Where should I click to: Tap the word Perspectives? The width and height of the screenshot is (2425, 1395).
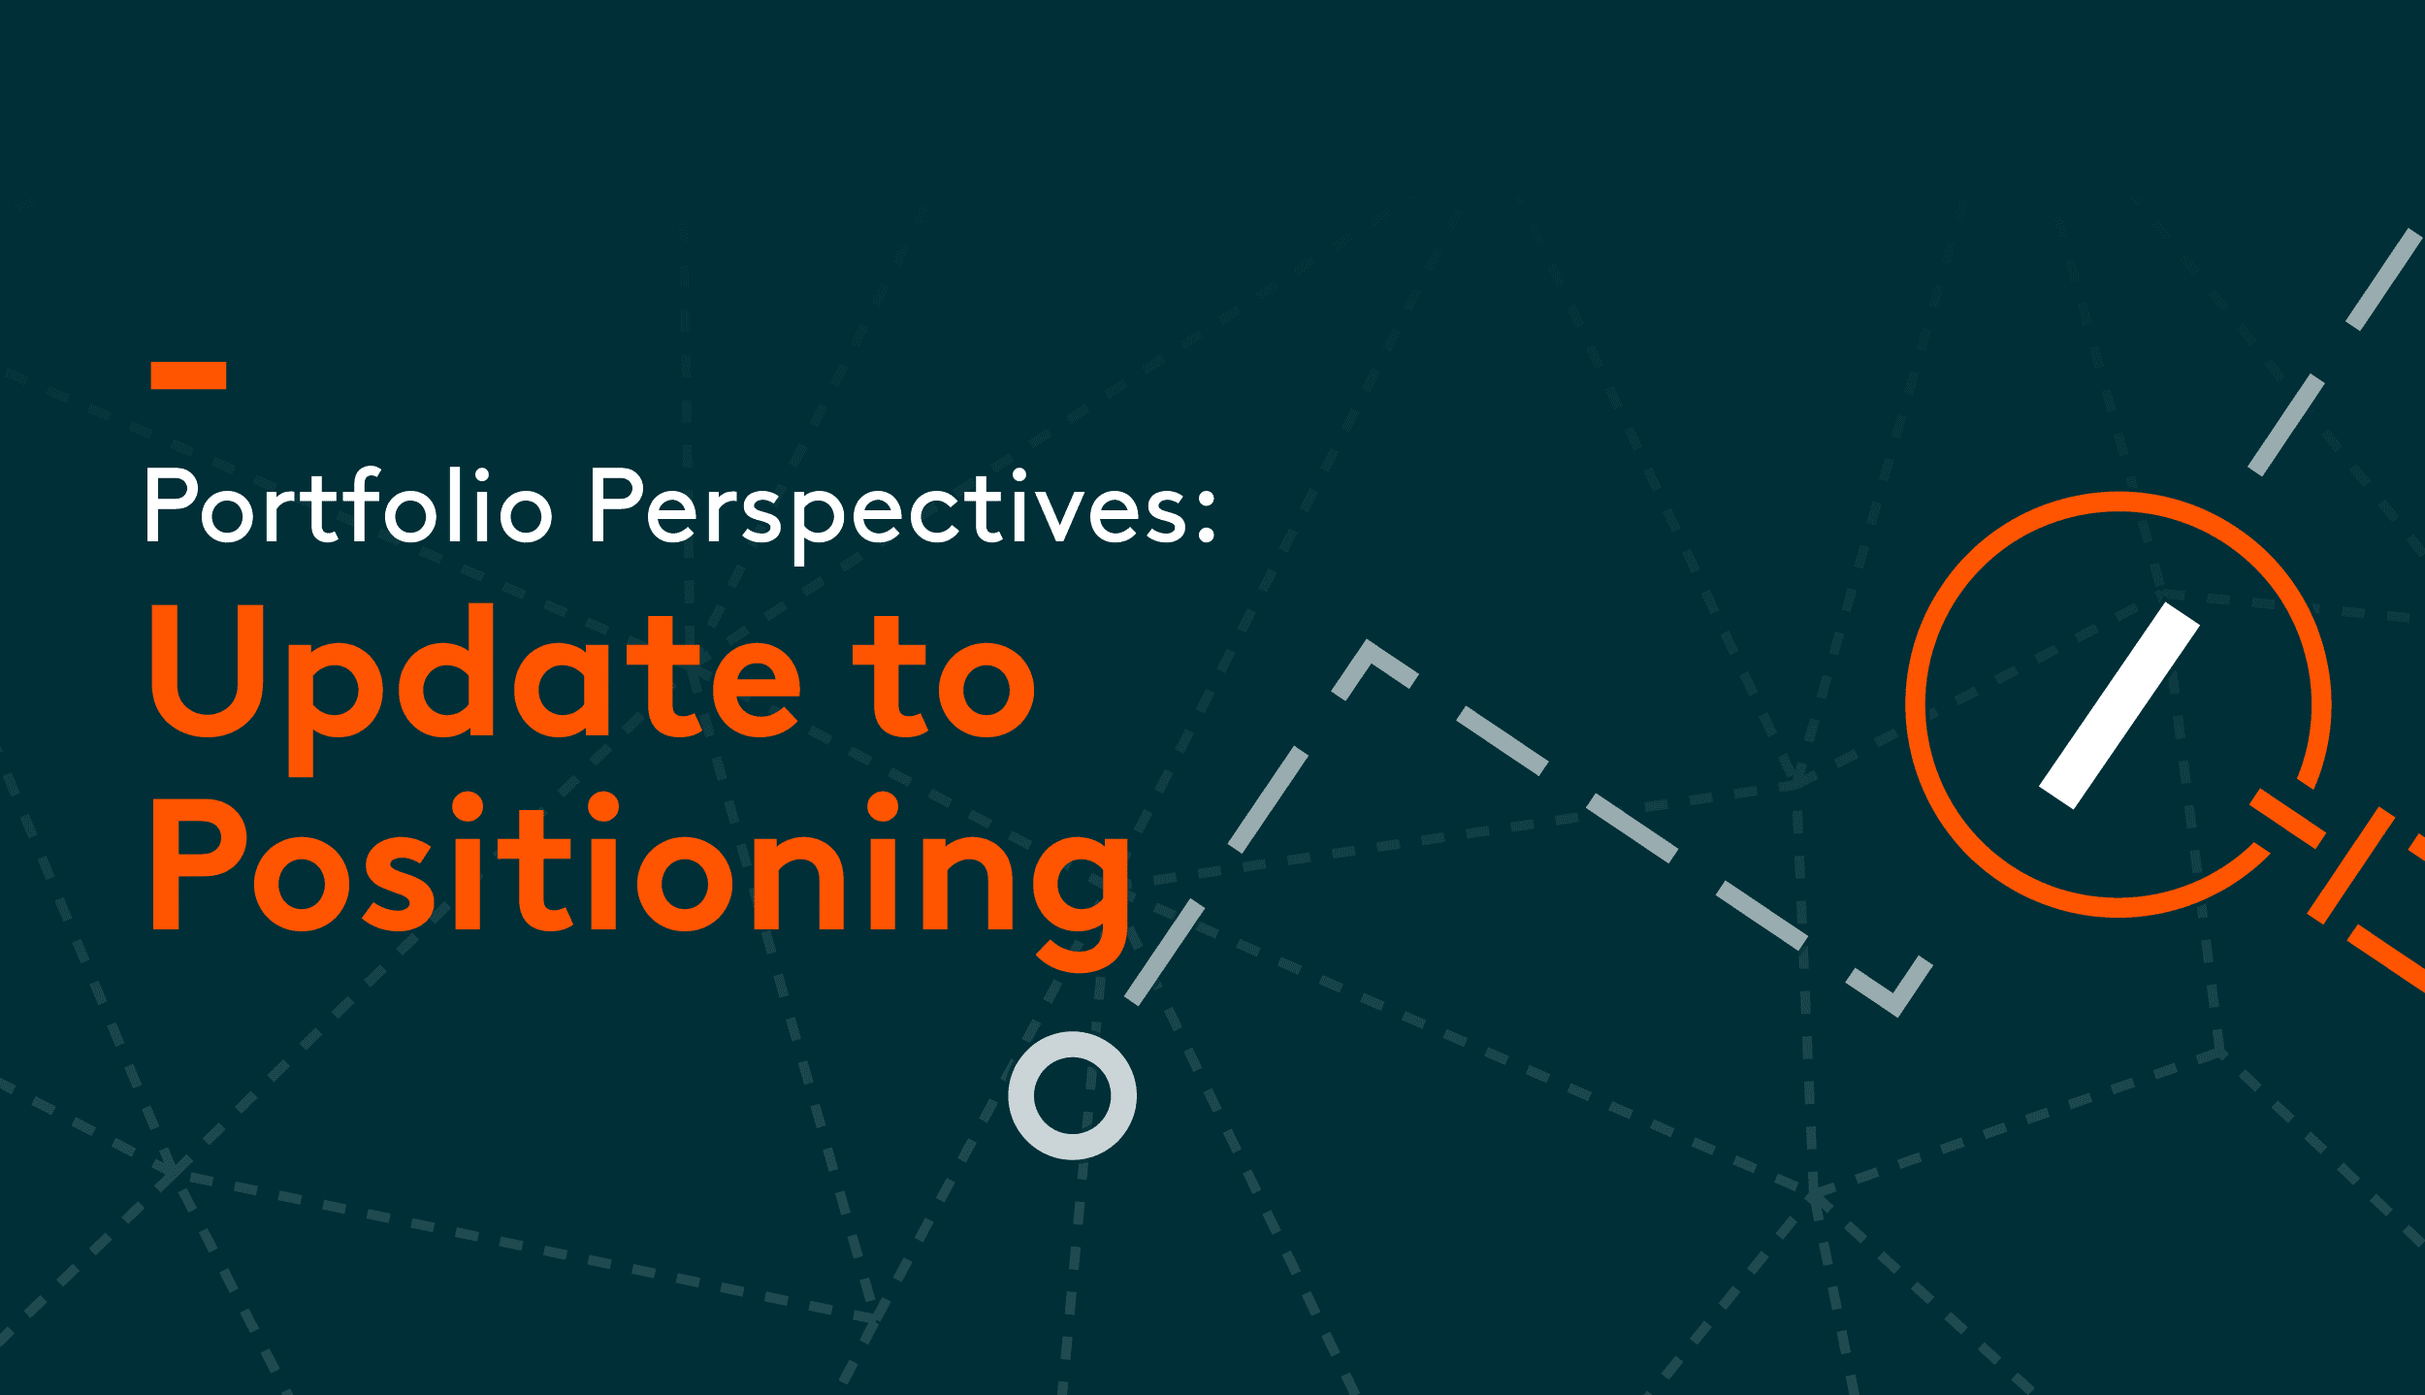pos(889,514)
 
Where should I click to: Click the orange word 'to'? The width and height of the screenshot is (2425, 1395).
pos(944,677)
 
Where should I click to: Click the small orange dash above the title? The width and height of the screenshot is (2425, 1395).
pos(188,375)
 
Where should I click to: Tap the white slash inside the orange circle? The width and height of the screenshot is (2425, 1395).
pos(2119,706)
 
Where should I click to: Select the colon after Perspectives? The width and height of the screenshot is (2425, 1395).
pos(1205,514)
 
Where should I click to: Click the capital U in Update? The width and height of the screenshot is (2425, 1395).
pos(208,670)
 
